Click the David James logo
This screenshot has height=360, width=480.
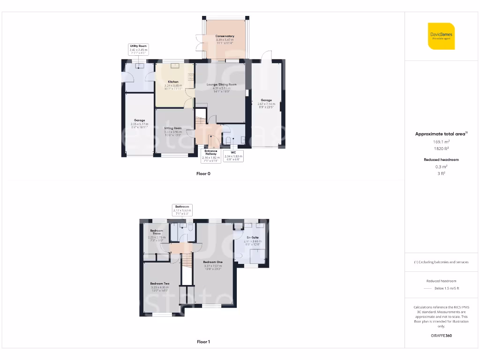pyautogui.click(x=441, y=36)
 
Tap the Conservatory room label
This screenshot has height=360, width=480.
pyautogui.click(x=225, y=36)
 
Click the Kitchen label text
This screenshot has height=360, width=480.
pyautogui.click(x=173, y=82)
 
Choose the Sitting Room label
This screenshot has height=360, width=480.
pyautogui.click(x=173, y=128)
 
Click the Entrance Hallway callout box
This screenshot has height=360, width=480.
pyautogui.click(x=211, y=155)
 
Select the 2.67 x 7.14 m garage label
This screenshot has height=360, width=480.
pyautogui.click(x=266, y=100)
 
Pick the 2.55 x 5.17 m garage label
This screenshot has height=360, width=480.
pyautogui.click(x=139, y=120)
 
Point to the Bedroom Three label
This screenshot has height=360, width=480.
pyautogui.click(x=157, y=232)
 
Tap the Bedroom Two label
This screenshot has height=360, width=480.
pyautogui.click(x=160, y=284)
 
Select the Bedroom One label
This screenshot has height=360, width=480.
pyautogui.click(x=212, y=262)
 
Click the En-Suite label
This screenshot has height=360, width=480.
pyautogui.click(x=253, y=238)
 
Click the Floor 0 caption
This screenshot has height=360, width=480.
pyautogui.click(x=203, y=173)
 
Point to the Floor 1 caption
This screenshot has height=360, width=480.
pyautogui.click(x=203, y=342)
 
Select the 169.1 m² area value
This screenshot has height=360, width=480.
pyautogui.click(x=441, y=141)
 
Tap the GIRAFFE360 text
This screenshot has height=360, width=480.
pyautogui.click(x=441, y=336)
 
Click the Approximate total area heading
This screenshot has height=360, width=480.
pyautogui.click(x=441, y=134)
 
